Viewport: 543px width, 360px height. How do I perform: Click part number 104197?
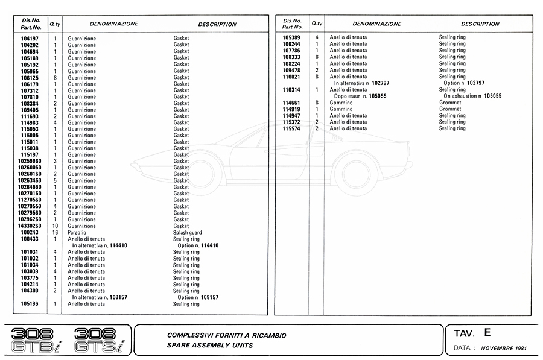pyautogui.click(x=30, y=39)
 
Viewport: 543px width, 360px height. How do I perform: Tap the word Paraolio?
pyautogui.click(x=77, y=233)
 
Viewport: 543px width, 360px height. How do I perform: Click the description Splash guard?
pyautogui.click(x=188, y=233)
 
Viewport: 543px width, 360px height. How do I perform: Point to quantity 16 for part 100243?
pyautogui.click(x=55, y=233)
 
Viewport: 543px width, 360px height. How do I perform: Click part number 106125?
pyautogui.click(x=30, y=77)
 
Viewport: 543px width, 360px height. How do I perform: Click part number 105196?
pyautogui.click(x=30, y=304)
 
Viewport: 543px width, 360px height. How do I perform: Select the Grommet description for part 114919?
pyautogui.click(x=450, y=109)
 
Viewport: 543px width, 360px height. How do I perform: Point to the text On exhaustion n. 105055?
pyautogui.click(x=473, y=96)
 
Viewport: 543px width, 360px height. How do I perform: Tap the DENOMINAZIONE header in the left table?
pyautogui.click(x=113, y=24)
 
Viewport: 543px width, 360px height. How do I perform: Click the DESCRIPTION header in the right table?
pyautogui.click(x=480, y=24)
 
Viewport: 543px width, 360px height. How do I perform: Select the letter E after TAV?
pyautogui.click(x=487, y=332)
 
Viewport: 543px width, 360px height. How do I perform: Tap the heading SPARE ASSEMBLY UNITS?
pyautogui.click(x=210, y=346)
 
